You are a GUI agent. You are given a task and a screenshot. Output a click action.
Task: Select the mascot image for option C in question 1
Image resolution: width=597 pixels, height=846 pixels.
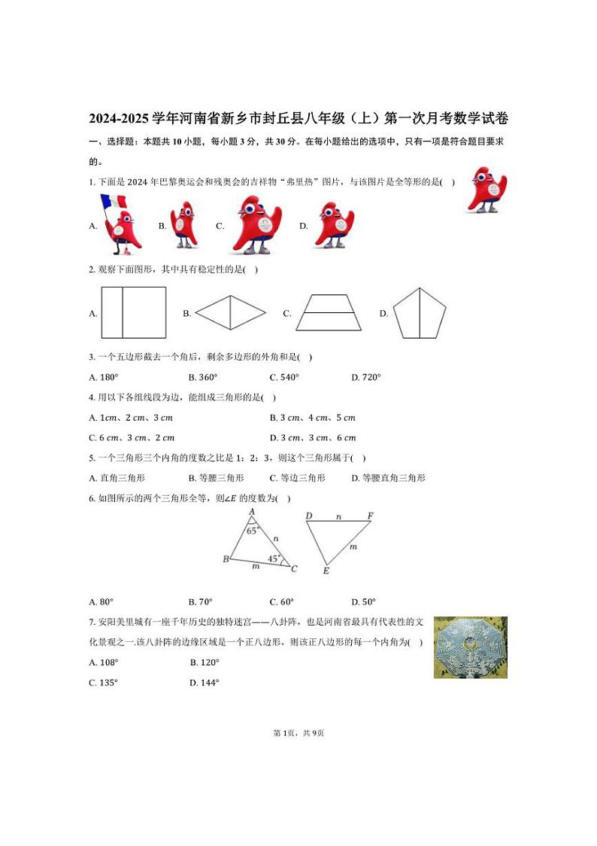256,225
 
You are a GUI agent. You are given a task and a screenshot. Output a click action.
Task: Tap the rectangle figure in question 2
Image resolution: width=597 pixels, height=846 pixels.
133,312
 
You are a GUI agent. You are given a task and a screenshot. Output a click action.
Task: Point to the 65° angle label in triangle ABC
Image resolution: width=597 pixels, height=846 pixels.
253,530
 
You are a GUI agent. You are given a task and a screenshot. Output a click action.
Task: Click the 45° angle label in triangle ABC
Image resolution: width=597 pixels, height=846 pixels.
274,558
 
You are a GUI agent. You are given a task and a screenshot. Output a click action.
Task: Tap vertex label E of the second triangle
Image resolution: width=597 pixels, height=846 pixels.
326,571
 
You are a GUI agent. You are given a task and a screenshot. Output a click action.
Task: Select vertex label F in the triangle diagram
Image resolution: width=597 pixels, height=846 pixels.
370,516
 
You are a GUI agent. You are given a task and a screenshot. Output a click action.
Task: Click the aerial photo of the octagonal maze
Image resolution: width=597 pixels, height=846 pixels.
470,647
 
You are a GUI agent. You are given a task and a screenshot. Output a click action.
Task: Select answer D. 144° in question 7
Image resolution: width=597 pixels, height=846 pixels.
205,683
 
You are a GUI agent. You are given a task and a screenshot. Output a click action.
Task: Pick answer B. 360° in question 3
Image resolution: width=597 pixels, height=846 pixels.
203,377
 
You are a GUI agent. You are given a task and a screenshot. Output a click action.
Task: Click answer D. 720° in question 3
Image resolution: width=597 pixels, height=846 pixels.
366,377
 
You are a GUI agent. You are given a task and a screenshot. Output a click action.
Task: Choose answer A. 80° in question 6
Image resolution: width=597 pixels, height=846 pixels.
101,601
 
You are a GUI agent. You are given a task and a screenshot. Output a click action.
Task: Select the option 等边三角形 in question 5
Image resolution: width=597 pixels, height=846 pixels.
298,478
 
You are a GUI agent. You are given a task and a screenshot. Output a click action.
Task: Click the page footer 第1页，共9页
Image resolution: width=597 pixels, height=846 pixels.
298,733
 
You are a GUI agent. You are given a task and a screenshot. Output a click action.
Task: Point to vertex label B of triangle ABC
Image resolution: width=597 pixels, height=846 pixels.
226,559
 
